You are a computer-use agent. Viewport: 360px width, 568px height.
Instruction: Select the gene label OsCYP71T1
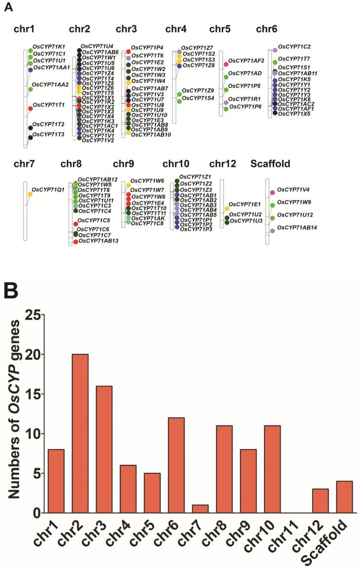click(x=49, y=105)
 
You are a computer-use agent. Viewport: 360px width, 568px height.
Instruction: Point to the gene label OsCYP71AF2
click(x=246, y=61)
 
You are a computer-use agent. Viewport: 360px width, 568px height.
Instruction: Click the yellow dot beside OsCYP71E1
click(x=227, y=208)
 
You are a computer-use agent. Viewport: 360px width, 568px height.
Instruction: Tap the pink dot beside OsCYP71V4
click(x=272, y=192)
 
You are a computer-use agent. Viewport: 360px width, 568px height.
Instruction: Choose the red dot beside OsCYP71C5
click(x=76, y=224)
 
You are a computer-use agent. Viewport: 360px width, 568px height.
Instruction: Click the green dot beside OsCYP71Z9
click(x=179, y=94)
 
